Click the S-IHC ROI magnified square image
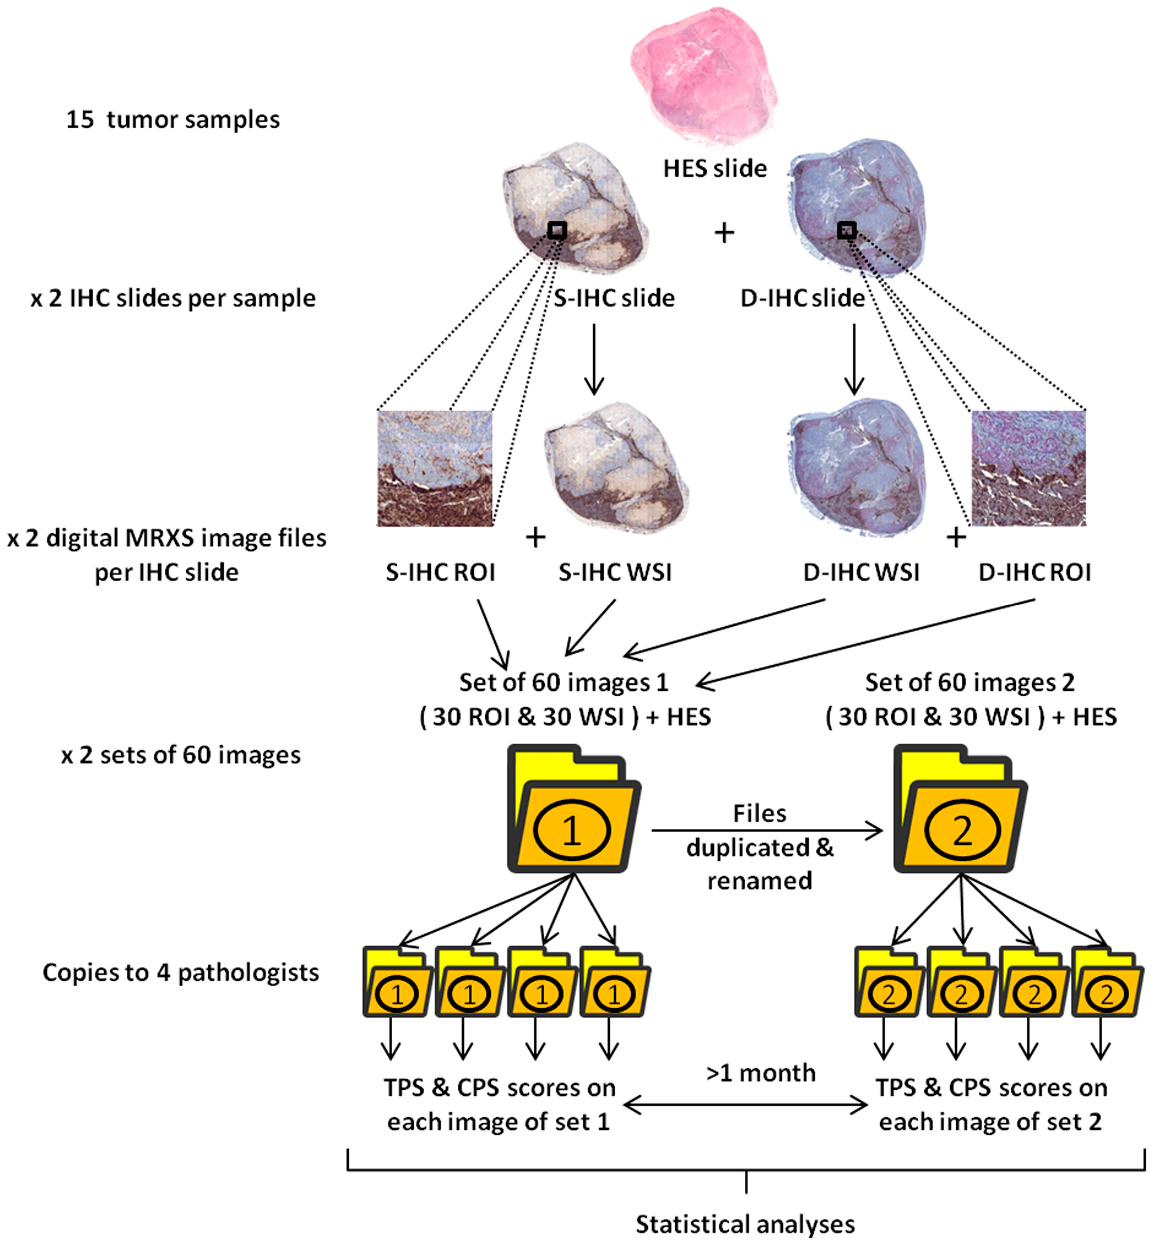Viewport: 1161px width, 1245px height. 435,468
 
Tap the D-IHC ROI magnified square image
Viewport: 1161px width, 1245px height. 1028,468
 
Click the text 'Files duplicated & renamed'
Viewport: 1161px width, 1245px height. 759,847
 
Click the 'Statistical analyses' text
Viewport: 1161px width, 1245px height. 745,1224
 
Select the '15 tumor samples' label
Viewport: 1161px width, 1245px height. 173,119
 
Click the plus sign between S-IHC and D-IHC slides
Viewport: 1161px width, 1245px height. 724,233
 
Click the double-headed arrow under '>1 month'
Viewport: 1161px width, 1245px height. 746,1107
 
